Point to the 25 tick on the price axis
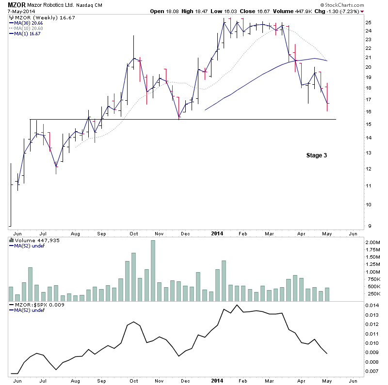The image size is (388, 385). point(368,22)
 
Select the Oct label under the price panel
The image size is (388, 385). point(134,233)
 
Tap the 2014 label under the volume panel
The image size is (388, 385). point(217,381)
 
